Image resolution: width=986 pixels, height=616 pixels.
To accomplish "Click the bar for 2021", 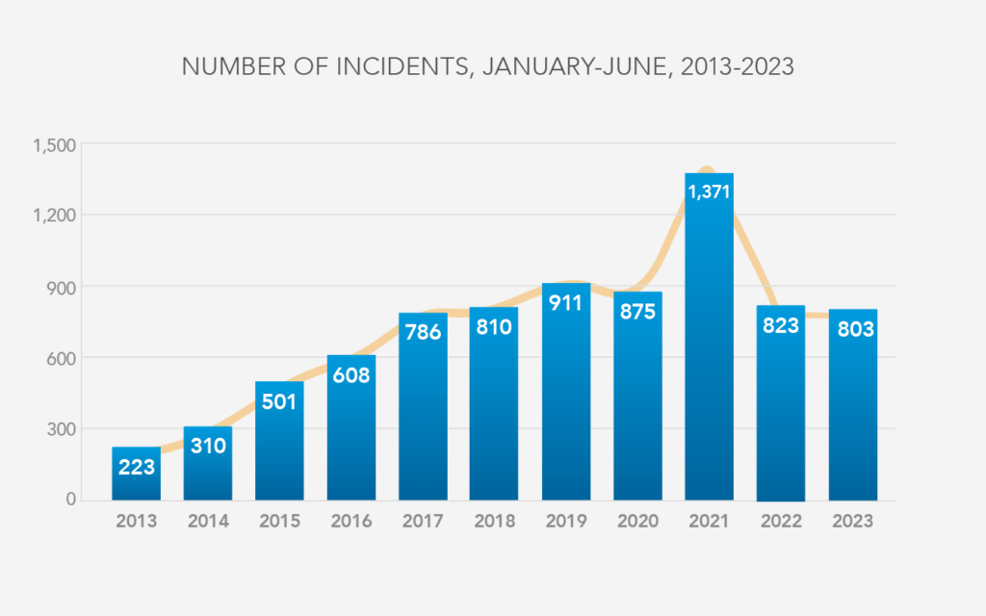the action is point(709,336).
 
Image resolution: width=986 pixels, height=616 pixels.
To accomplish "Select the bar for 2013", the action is point(136,474).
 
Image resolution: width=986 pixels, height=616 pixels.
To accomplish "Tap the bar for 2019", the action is point(566,392).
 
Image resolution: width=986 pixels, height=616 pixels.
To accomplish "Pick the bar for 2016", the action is point(350,427).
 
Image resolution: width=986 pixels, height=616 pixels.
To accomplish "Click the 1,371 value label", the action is point(709,192).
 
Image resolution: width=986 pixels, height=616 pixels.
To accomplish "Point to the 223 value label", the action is point(137,467).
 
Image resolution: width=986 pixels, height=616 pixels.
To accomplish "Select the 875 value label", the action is point(637,311).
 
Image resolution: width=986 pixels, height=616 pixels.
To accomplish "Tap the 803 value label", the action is point(855,329).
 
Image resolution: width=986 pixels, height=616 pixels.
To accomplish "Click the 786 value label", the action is point(423,332).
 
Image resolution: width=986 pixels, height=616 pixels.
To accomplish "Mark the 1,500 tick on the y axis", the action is point(54,146).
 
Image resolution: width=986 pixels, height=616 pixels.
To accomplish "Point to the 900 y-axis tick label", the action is point(61,287).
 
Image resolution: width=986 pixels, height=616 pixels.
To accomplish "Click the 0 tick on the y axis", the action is point(70,500).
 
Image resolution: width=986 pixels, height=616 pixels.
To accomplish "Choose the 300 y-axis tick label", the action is point(61,429).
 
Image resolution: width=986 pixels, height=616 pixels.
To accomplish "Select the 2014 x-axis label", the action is point(208,521).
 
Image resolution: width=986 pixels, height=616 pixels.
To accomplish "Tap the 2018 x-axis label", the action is point(494,521).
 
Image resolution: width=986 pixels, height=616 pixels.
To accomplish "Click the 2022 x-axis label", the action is point(781,521).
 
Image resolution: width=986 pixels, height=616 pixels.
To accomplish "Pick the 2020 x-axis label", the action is point(637,521).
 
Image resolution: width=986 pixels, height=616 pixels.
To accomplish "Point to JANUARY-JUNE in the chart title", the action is point(574,66).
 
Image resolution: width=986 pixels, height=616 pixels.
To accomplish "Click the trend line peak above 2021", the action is point(707,168).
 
